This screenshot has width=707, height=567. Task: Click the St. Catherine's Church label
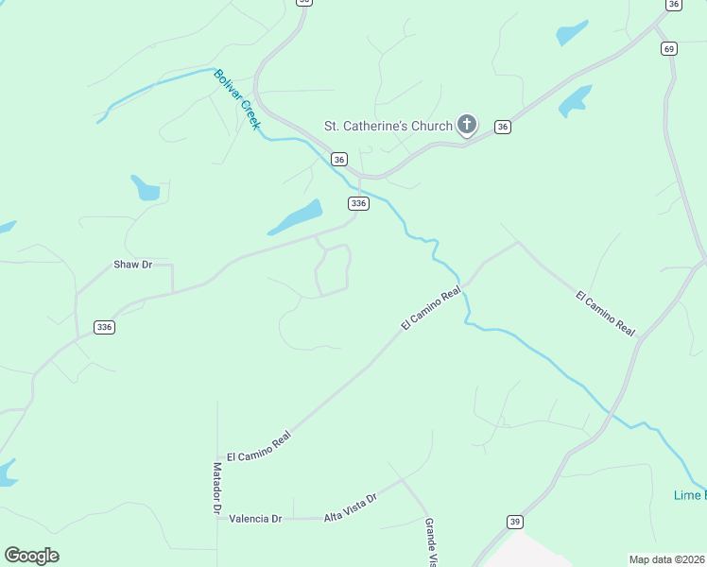pyautogui.click(x=388, y=125)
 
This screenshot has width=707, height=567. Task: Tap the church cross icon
pyautogui.click(x=466, y=124)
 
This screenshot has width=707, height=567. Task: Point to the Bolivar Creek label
pyautogui.click(x=236, y=98)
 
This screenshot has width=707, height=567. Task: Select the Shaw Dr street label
pyautogui.click(x=132, y=265)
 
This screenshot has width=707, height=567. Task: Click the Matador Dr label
pyautogui.click(x=216, y=490)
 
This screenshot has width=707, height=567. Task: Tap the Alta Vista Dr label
pyautogui.click(x=351, y=507)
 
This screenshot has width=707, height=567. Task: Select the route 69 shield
pyautogui.click(x=669, y=49)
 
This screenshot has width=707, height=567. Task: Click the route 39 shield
pyautogui.click(x=514, y=522)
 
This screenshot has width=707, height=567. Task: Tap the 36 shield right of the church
pyautogui.click(x=503, y=127)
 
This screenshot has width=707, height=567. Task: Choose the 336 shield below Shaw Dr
pyautogui.click(x=104, y=327)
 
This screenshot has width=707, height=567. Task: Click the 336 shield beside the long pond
pyautogui.click(x=358, y=203)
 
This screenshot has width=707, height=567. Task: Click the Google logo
pyautogui.click(x=31, y=556)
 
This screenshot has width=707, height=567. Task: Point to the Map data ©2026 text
pyautogui.click(x=667, y=559)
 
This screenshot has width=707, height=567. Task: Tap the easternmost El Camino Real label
pyautogui.click(x=605, y=313)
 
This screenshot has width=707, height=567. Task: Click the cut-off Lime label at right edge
pyautogui.click(x=689, y=495)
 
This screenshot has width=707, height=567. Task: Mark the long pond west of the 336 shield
pyautogui.click(x=295, y=217)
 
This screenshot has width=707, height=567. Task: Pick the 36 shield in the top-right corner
pyautogui.click(x=673, y=5)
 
